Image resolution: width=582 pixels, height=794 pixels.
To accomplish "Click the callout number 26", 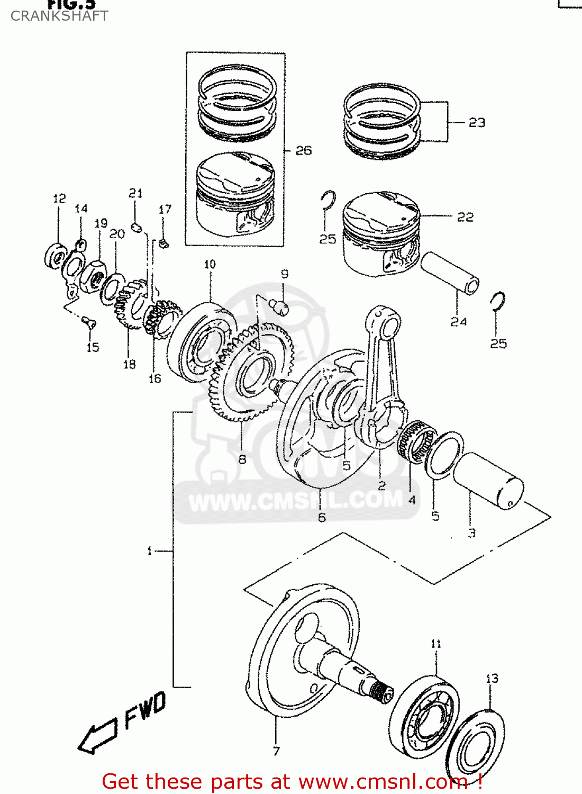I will tap(303, 151).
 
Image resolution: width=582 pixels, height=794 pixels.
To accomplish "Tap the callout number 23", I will tap(477, 123).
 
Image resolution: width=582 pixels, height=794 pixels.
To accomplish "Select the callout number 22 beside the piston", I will tap(465, 218).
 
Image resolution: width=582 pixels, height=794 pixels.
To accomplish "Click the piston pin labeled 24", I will tap(450, 273).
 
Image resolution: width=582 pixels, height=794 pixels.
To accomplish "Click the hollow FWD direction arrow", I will tap(98, 736).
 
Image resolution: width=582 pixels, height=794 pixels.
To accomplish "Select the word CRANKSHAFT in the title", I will tap(59, 16).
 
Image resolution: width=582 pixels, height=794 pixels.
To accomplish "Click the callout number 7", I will tap(276, 751).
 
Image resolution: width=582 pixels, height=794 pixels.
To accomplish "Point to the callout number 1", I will tap(150, 552).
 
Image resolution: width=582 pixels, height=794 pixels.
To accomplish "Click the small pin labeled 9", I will tap(279, 306).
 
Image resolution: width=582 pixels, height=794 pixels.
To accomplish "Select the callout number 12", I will tap(59, 198).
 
